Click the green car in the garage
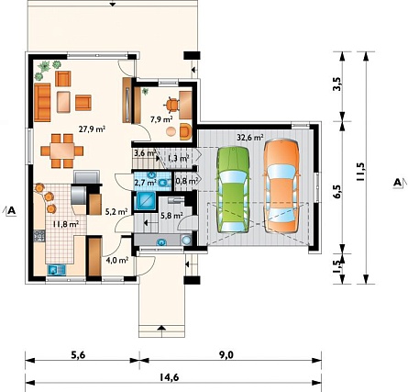(x=233, y=190)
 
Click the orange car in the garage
(x=281, y=186)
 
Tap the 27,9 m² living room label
(x=92, y=129)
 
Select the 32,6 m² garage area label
(x=250, y=138)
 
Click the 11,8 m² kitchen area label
(x=66, y=224)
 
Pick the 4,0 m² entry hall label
(x=116, y=261)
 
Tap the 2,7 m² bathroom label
(x=146, y=183)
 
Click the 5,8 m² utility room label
(x=171, y=216)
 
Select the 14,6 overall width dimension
(x=169, y=377)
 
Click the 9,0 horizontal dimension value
(x=226, y=355)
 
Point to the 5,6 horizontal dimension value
(x=78, y=355)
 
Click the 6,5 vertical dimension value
(x=337, y=192)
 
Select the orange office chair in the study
(x=172, y=105)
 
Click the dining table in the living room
(x=62, y=151)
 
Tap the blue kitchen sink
(x=57, y=270)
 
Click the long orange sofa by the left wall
(x=42, y=102)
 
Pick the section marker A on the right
(x=397, y=183)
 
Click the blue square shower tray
(x=146, y=201)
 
